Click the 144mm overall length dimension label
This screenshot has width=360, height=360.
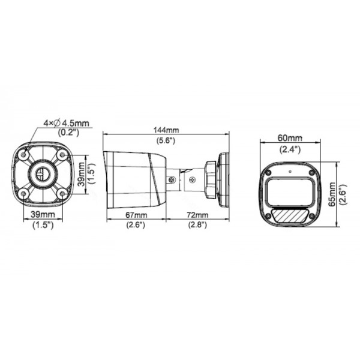(x=166, y=130)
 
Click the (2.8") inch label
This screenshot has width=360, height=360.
(x=197, y=225)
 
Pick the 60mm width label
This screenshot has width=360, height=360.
(x=290, y=137)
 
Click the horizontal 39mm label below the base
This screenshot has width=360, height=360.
(x=43, y=215)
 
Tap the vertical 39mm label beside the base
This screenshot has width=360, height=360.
(x=80, y=173)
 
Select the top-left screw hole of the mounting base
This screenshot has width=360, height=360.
(x=24, y=155)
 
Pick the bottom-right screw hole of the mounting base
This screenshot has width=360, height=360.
(x=62, y=193)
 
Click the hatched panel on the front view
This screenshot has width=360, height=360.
(x=290, y=212)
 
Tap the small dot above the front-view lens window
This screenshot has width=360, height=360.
(x=290, y=170)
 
